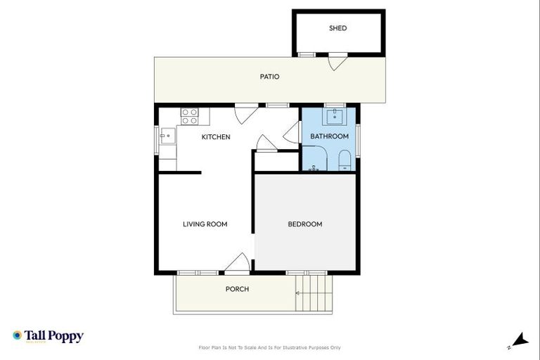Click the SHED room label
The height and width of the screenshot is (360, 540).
338,28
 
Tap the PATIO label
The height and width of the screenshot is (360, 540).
270,77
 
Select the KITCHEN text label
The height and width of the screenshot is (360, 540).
216,137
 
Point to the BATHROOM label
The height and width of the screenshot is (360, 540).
330,136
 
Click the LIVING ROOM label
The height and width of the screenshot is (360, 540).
205,224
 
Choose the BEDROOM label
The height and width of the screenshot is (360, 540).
305,224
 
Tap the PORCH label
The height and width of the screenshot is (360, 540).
237,289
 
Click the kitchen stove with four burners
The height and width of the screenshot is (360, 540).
190,116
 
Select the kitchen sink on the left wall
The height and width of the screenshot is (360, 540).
167,136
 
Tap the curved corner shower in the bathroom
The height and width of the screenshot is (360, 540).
314,159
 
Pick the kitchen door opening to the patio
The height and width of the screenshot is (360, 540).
245,113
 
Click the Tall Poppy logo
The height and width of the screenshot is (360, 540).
48,336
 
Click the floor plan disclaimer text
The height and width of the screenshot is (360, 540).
270,347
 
